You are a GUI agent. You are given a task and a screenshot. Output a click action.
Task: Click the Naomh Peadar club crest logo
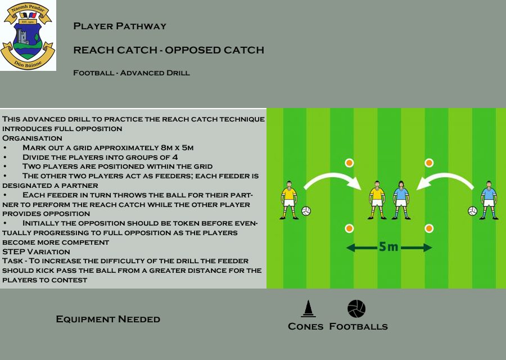tap(28, 35)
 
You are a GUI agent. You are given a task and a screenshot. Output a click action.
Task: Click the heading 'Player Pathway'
tap(120, 26)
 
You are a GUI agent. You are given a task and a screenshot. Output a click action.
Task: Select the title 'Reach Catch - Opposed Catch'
tap(169, 50)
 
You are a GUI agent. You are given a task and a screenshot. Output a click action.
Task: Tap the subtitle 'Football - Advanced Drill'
tap(132, 73)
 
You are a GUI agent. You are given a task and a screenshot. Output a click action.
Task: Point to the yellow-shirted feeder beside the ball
tap(289, 200)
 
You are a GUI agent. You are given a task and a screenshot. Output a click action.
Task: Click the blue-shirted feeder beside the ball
tap(489, 200)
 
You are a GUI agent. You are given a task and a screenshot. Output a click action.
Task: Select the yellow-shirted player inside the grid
tap(377, 200)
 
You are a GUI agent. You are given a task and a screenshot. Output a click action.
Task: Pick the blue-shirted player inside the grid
tap(401, 200)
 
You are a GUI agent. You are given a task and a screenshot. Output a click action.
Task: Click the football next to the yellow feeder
tap(306, 211)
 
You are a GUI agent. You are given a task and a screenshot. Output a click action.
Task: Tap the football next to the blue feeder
tap(472, 211)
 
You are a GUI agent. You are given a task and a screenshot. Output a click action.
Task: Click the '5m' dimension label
tap(388, 247)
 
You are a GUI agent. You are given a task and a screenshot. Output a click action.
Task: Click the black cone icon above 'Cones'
tap(308, 309)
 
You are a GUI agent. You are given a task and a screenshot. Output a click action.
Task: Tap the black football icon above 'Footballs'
tap(356, 309)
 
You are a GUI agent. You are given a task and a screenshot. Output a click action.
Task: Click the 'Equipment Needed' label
tap(108, 319)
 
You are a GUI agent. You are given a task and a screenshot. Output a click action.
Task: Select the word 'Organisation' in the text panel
tap(32, 138)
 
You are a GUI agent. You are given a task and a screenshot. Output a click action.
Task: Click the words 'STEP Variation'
tap(36, 252)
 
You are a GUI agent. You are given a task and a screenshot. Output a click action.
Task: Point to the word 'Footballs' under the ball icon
tap(359, 326)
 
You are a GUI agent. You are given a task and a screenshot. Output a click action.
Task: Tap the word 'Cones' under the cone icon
tap(306, 326)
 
